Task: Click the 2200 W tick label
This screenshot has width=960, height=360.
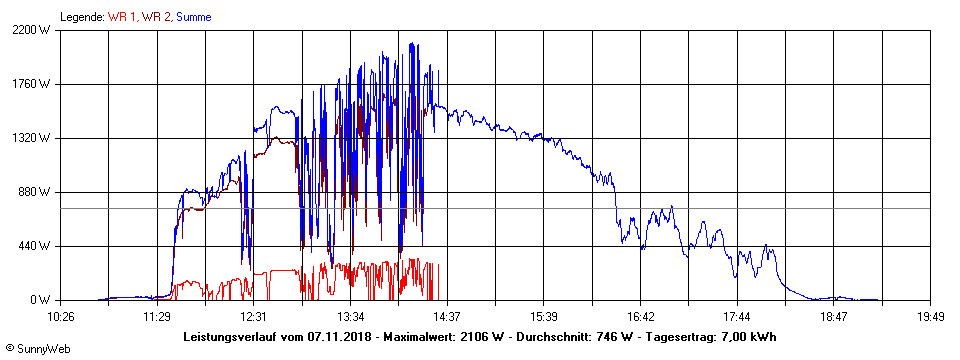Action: pos(31,30)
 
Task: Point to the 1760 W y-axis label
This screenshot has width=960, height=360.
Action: pos(31,84)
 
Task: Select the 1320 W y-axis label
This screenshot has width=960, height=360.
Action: pos(31,138)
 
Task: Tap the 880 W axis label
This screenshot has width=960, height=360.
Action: pos(34,192)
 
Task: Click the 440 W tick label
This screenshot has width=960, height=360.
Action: pos(34,246)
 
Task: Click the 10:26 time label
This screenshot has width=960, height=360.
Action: pos(61,316)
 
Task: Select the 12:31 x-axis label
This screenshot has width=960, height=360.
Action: pos(253,316)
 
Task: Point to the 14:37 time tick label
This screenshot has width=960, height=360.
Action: pos(447,316)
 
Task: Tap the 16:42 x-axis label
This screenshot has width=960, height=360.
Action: pos(640,316)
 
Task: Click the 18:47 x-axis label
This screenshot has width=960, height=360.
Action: pos(834,316)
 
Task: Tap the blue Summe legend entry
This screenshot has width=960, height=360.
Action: pos(193,17)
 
